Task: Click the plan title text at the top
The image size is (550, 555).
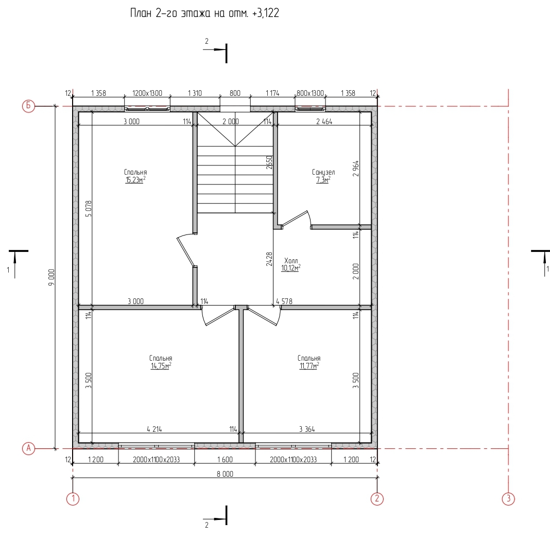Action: tap(204, 13)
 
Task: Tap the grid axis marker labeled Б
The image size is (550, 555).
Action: tap(29, 106)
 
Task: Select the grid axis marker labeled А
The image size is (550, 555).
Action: tap(29, 448)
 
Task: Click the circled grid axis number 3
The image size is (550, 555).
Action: tap(509, 499)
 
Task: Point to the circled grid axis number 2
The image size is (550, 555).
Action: tap(377, 499)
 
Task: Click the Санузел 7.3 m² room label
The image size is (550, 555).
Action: tap(323, 176)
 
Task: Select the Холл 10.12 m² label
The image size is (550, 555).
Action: tap(291, 264)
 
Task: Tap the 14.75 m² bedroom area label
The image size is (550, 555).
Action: tap(161, 362)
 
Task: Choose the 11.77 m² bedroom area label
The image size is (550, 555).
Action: tap(309, 362)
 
